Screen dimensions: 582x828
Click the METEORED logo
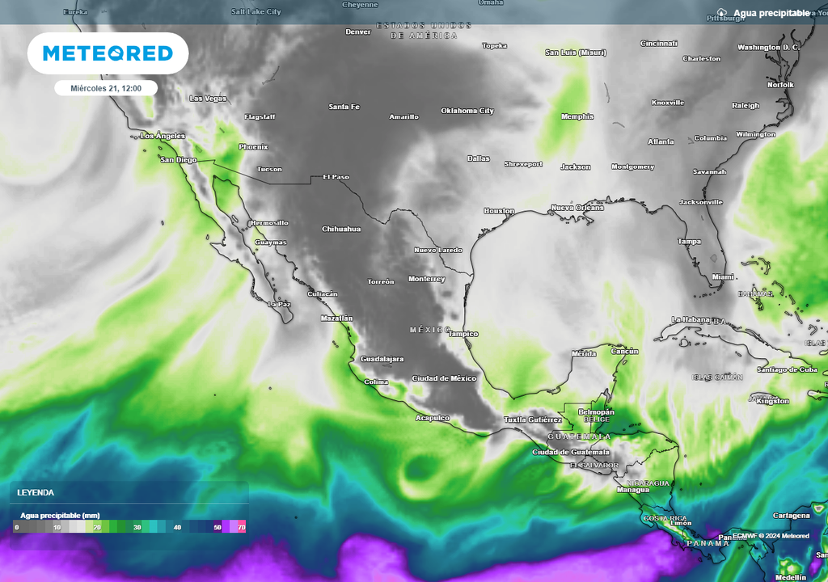tap(108, 53)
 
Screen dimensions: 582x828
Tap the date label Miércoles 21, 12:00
tap(106, 88)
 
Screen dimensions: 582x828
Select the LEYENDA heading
tap(36, 492)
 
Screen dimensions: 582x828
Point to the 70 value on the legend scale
tap(241, 527)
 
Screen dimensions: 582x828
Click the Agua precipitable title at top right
tap(771, 13)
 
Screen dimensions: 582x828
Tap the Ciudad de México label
tap(444, 378)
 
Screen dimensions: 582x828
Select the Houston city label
tap(499, 211)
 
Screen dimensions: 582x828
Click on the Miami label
tap(723, 277)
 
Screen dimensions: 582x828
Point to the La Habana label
tap(690, 319)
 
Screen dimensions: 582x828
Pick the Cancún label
tap(624, 351)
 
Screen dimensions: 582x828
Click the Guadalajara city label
tap(382, 359)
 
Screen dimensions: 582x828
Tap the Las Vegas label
tap(208, 99)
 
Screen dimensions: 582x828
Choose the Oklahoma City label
tap(467, 111)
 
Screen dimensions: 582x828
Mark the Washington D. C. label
tap(768, 47)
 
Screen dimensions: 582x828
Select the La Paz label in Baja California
tap(279, 304)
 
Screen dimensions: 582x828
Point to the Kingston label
tap(771, 401)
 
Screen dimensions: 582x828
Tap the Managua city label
tap(633, 490)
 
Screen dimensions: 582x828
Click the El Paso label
tap(336, 176)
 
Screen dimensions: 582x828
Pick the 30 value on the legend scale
tap(137, 527)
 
